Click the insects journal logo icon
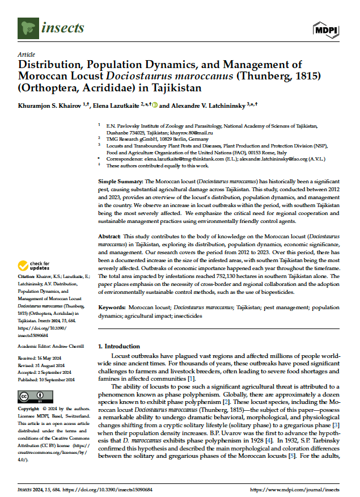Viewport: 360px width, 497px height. (27, 26)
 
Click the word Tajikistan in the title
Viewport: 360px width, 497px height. (173, 89)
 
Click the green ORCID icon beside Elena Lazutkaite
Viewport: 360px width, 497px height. (154, 106)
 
